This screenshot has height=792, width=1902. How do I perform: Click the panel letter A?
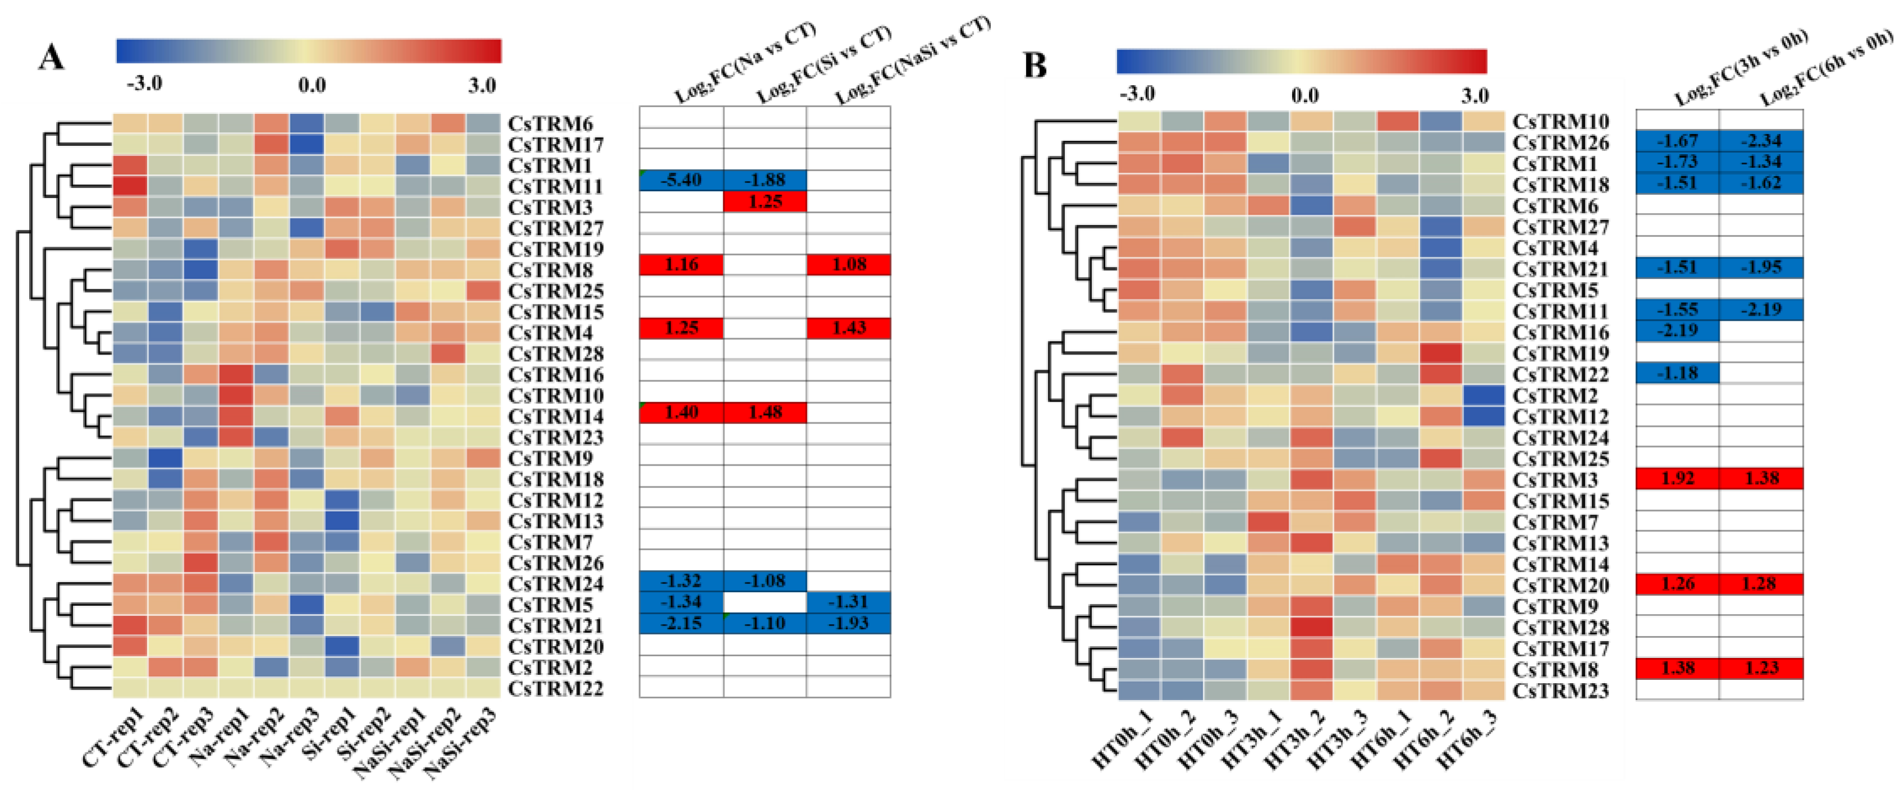click(51, 57)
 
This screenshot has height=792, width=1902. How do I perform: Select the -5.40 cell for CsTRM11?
click(681, 180)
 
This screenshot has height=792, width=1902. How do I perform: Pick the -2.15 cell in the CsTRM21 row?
click(681, 623)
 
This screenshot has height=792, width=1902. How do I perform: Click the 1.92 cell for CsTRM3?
click(1677, 478)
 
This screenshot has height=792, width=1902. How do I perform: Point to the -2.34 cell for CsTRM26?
click(1761, 140)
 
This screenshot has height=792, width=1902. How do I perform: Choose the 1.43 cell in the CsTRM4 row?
click(848, 328)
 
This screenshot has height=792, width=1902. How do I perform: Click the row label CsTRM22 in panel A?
click(556, 689)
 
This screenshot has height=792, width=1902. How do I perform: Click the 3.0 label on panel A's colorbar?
click(481, 86)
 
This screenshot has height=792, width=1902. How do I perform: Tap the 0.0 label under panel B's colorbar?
click(1304, 95)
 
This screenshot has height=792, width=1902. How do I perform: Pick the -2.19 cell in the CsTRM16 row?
click(1677, 330)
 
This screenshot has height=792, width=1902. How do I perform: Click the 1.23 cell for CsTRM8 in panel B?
click(1761, 668)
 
